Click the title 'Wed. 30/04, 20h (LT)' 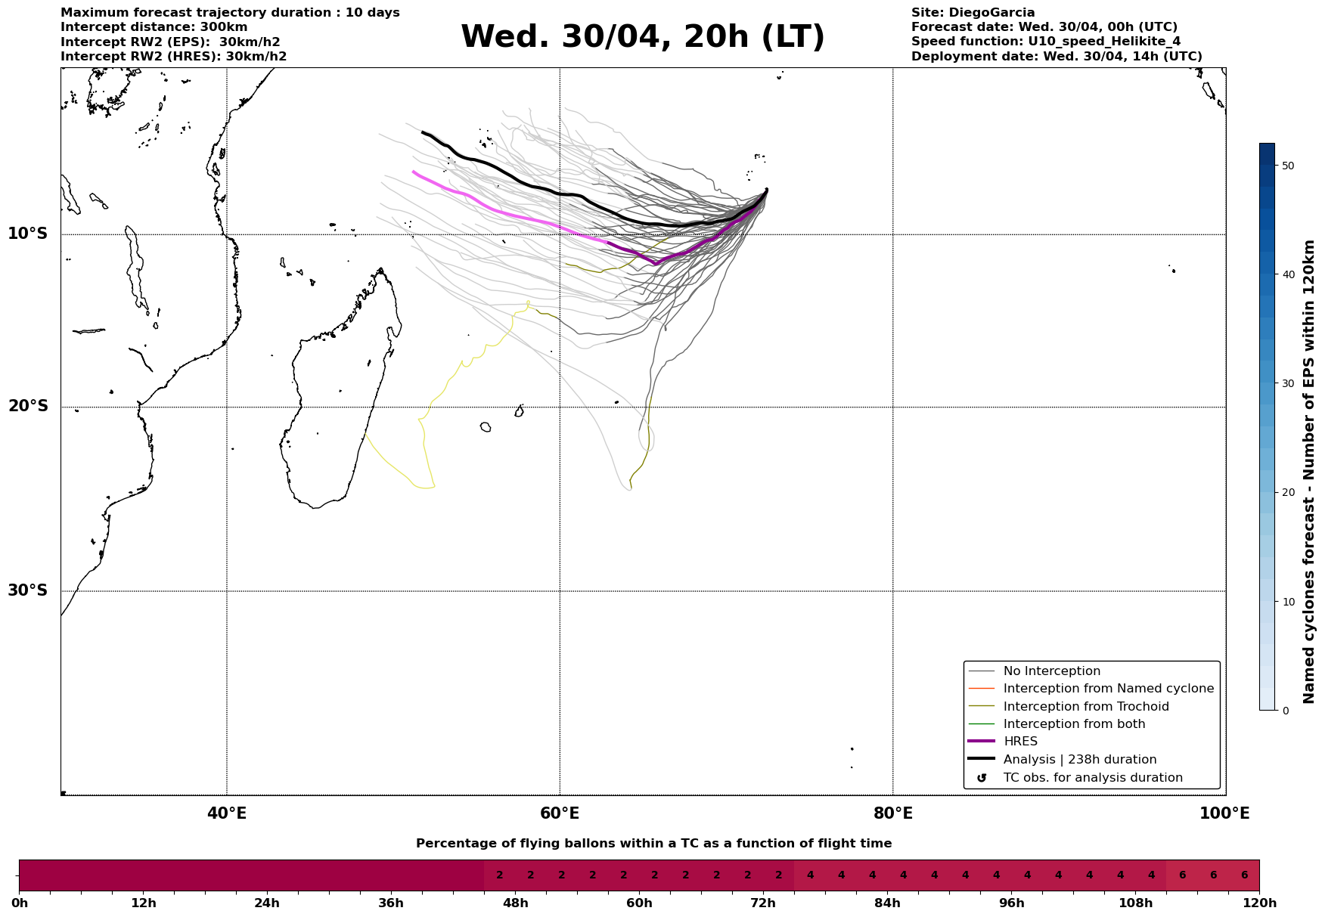click(642, 37)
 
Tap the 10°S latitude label click(28, 234)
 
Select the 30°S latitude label click(28, 590)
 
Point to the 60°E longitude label click(560, 813)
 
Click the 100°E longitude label click(1225, 813)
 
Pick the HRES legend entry click(1020, 742)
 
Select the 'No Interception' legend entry click(1051, 671)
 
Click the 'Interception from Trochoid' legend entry click(1085, 707)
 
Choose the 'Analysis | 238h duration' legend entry click(1079, 760)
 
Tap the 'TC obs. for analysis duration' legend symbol click(982, 778)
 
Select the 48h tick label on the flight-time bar click(515, 903)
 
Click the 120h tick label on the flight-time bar click(1259, 903)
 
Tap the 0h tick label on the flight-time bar click(20, 903)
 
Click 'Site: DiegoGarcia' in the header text click(973, 13)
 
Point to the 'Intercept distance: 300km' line click(154, 27)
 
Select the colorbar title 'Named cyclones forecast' click(1310, 472)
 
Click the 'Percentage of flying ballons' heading click(653, 844)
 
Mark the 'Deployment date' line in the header click(1056, 57)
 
